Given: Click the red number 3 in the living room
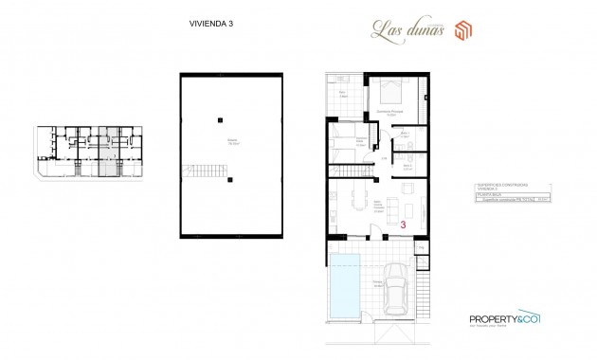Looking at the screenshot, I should [404, 225].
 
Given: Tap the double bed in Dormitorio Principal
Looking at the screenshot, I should [388, 93].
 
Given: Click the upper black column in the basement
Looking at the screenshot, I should [219, 118].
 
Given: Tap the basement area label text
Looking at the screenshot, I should [231, 143].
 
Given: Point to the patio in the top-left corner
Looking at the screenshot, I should [343, 95].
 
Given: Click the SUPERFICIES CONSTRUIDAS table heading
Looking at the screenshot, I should [499, 187].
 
